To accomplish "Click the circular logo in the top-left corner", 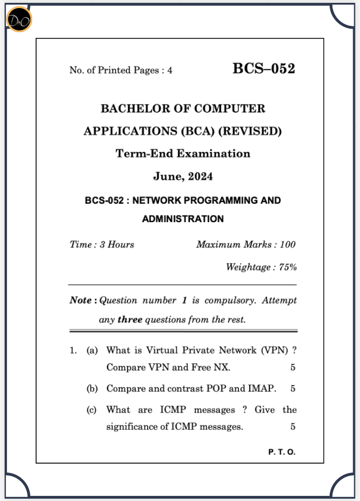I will coord(19,20).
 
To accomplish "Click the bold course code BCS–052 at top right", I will coord(264,69).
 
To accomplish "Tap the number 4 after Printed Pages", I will coord(169,71).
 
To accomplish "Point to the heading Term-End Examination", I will coord(183,154).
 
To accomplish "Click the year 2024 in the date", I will coord(200,177).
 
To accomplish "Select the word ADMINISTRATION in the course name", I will coord(183,219).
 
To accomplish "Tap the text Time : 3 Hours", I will coord(102,244).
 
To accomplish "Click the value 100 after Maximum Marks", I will coord(287,244).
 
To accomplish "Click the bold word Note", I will coord(80,300).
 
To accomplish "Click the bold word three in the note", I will coord(130,320).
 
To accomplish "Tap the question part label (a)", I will coord(92,350).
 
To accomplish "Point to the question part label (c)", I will coord(92,410).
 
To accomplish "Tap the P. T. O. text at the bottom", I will coord(281,452).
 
